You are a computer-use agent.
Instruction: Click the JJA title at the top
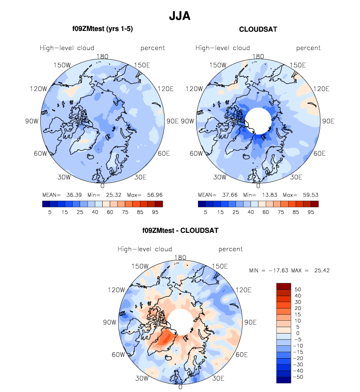180,16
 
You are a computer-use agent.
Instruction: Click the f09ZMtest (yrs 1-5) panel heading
102,29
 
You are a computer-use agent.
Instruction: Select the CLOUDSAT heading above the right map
258,29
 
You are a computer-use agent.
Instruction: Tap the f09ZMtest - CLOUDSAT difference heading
180,230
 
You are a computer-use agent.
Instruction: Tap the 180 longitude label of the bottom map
180,257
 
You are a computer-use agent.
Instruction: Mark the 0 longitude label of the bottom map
180,388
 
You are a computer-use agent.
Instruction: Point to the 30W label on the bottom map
143,379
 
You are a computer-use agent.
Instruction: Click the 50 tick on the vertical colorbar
298,289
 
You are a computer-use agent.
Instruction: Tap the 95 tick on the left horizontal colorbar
155,212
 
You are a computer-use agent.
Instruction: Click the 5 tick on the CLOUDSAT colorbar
205,212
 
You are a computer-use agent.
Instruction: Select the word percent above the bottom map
230,249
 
